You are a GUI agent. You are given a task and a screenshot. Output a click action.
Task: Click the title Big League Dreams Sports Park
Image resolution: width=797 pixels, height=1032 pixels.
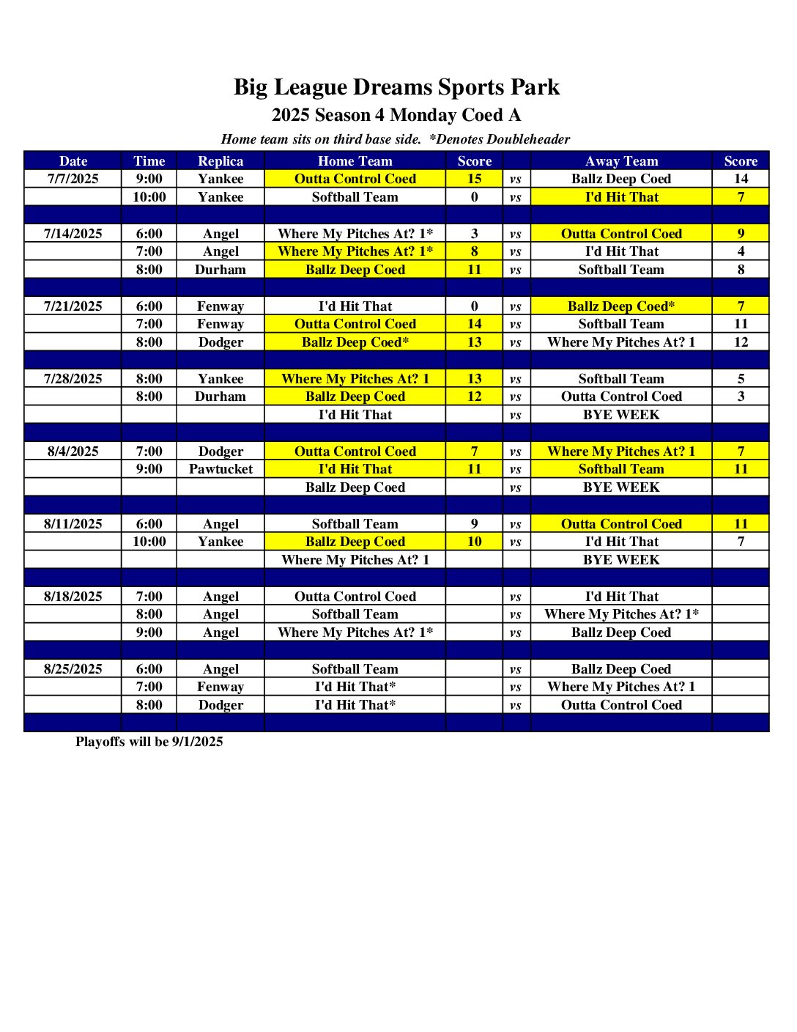point(396,87)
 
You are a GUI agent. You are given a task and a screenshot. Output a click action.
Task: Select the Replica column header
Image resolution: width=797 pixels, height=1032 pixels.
point(220,161)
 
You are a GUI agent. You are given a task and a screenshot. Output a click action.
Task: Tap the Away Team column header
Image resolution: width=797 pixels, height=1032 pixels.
point(621,161)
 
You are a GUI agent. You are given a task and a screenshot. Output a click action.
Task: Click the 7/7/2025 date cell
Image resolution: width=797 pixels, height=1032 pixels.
point(73,179)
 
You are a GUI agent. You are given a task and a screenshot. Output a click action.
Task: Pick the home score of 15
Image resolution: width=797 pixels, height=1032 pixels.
point(475,179)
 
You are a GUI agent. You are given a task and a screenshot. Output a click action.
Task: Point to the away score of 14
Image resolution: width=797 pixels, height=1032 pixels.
point(741,179)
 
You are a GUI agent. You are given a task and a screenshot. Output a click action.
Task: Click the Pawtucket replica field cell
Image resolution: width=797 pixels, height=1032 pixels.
point(220,469)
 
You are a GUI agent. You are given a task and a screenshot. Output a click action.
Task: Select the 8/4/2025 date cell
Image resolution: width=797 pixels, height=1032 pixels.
point(73,451)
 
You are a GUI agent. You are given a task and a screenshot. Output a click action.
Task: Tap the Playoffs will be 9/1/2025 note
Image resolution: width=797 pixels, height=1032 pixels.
point(149,742)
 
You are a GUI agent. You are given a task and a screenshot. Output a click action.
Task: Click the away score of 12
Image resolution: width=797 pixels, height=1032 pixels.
point(741,342)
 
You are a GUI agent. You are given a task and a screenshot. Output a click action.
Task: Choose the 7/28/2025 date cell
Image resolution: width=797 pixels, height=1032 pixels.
point(73,379)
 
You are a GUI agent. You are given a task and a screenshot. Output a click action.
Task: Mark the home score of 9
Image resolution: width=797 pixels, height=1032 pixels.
point(475,524)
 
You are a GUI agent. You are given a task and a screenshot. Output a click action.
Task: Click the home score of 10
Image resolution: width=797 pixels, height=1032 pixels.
point(475,542)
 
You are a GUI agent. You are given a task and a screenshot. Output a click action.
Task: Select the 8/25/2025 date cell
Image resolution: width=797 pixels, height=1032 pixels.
point(73,669)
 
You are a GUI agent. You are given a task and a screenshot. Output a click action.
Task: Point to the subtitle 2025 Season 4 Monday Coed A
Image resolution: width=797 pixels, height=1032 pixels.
point(396,115)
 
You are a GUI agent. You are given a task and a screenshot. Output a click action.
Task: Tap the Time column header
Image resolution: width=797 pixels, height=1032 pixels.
point(149,161)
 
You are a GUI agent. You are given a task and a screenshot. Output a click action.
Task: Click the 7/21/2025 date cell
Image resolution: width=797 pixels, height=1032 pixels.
point(73,306)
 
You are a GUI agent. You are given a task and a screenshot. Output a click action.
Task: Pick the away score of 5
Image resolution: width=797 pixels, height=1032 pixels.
point(741,379)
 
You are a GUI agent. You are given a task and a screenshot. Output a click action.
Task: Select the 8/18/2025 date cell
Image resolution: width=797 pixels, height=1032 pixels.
point(73,597)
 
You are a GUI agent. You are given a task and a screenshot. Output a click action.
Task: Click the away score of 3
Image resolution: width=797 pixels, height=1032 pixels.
point(741,397)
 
